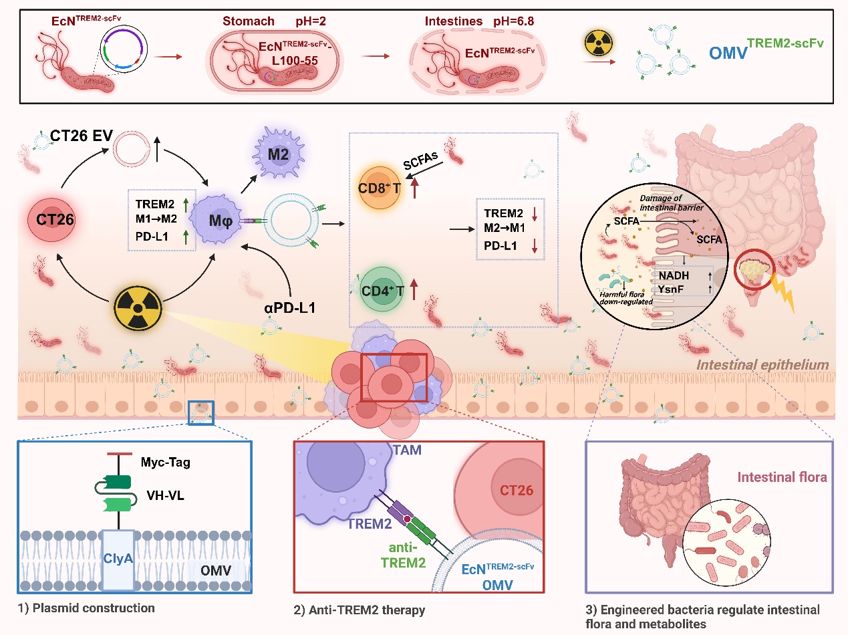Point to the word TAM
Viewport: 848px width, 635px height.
[408, 451]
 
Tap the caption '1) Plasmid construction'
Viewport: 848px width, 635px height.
[86, 608]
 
